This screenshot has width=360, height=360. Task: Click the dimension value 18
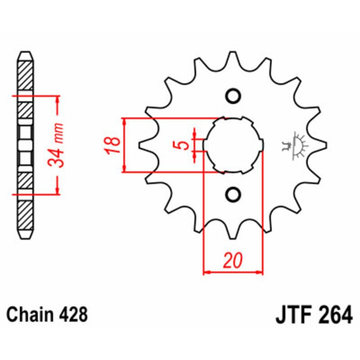[x=114, y=145]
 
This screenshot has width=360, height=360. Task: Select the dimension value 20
[x=233, y=261]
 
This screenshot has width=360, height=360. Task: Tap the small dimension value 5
[x=183, y=145]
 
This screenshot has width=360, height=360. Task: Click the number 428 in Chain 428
[x=72, y=315]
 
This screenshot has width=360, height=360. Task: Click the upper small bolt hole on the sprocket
[x=233, y=96]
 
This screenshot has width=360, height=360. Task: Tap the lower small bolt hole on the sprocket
[x=233, y=194]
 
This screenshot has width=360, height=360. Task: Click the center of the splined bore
[x=233, y=145]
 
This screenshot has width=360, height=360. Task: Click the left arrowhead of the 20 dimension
[x=207, y=272]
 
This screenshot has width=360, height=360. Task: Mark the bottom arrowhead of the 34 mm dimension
[x=57, y=190]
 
